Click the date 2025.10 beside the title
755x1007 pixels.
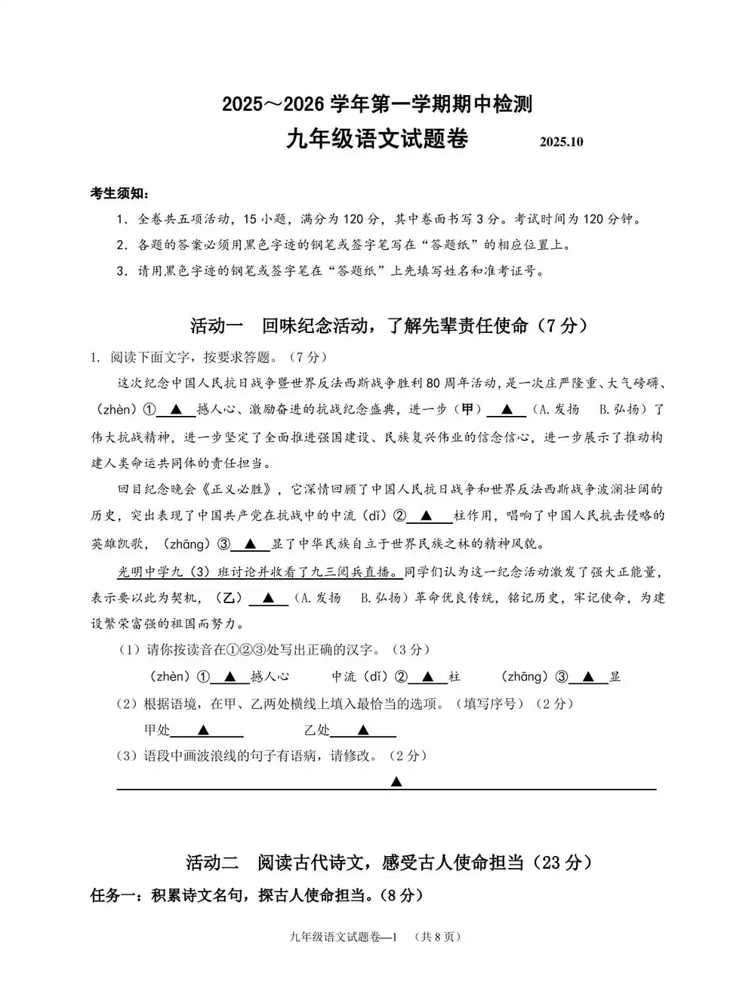[x=562, y=142]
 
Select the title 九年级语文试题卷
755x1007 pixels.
[x=377, y=140]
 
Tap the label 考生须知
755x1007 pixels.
[x=119, y=194]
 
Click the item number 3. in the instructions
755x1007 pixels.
[x=122, y=271]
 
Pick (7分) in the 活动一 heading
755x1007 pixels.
[x=561, y=326]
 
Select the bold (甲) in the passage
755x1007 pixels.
[x=467, y=409]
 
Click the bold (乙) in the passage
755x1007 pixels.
[x=230, y=598]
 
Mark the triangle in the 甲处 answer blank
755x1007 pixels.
[x=203, y=730]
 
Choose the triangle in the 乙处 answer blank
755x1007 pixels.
[x=363, y=730]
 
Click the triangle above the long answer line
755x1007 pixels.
[x=396, y=781]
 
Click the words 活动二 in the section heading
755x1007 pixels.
[x=212, y=862]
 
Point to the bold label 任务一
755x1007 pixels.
[x=114, y=896]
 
